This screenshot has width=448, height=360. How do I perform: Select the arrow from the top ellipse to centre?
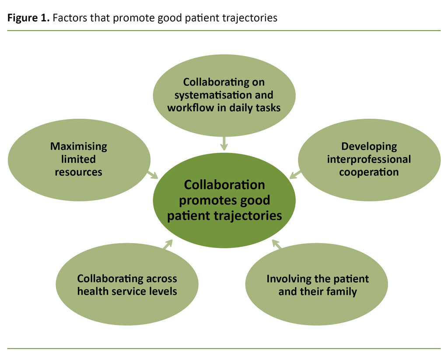click(x=224, y=143)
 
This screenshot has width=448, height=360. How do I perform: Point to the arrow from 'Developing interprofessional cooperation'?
click(x=296, y=174)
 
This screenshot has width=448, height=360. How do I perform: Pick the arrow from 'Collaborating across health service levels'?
click(x=167, y=244)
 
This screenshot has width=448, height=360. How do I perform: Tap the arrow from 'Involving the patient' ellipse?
click(x=276, y=244)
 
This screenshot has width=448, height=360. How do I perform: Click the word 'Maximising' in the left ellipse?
click(x=78, y=146)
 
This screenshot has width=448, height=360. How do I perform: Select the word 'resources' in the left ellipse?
click(x=78, y=172)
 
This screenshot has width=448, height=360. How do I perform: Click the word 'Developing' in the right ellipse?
click(x=369, y=146)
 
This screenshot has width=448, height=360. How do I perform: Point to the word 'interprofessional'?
click(x=369, y=159)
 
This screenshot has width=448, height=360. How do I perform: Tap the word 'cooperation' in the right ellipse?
click(x=369, y=172)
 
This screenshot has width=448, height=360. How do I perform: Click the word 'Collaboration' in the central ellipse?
click(x=224, y=185)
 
